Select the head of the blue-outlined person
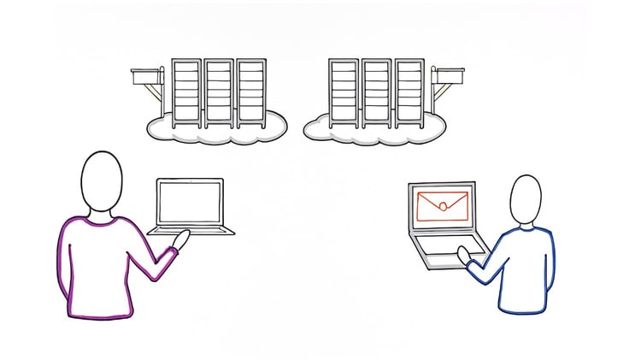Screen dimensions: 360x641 (x=525, y=199)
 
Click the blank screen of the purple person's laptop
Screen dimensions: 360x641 (x=190, y=201)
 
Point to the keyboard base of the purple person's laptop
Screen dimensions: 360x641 (x=191, y=229)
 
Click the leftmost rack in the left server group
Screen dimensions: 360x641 (x=185, y=94)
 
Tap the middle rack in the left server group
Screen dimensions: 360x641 (x=218, y=94)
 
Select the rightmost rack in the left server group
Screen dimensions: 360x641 (x=250, y=94)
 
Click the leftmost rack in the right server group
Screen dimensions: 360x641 (x=343, y=94)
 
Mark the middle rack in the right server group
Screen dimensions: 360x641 (x=375, y=94)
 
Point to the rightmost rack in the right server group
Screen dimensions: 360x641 (x=408, y=94)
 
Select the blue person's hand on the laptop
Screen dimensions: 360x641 (x=464, y=254)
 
